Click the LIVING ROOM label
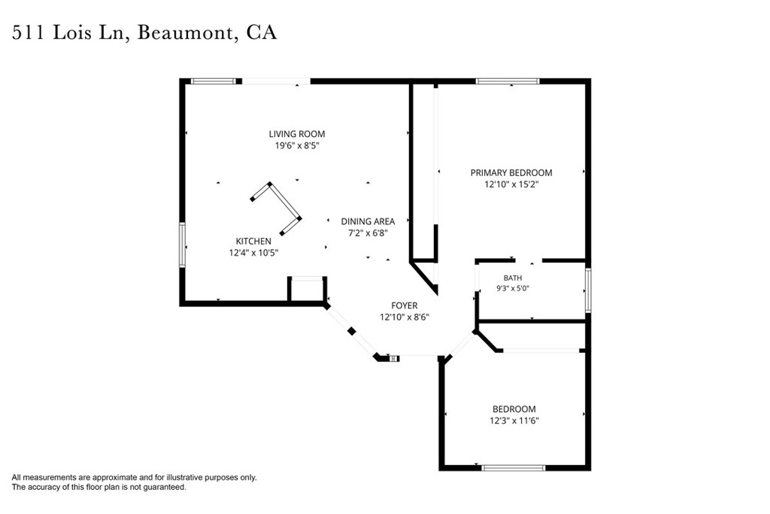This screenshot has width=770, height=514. tap(296, 134)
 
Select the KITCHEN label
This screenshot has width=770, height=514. tap(253, 241)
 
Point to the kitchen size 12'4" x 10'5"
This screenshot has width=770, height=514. tap(253, 253)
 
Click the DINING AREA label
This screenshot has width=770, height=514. tap(368, 221)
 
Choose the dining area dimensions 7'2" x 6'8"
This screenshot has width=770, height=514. tap(368, 233)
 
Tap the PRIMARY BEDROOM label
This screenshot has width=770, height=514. tap(511, 172)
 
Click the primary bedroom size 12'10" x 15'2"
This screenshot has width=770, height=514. tap(511, 184)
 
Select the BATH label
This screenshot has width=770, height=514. tap(513, 278)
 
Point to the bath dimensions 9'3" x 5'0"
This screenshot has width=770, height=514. tap(513, 288)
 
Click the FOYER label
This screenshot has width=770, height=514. tap(404, 305)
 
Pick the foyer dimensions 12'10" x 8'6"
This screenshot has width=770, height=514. tap(404, 317)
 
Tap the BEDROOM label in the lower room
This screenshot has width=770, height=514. tap(514, 409)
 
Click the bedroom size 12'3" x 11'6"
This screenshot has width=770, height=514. tap(514, 421)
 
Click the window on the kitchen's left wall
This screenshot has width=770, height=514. tap(182, 245)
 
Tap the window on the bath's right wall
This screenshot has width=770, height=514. tap(588, 290)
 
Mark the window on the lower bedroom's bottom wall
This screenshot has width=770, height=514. tap(513, 468)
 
